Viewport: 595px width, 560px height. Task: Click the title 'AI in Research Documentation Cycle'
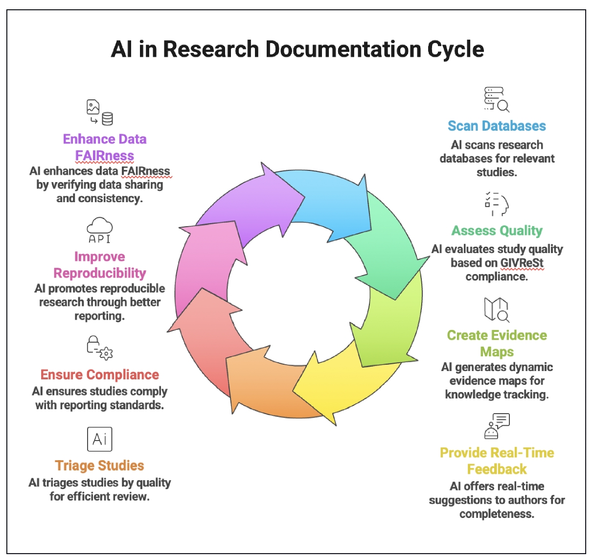[297, 49]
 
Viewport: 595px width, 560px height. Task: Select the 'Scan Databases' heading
[497, 126]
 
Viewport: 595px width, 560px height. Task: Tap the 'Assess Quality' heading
[497, 231]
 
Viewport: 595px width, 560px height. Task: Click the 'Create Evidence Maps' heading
[497, 343]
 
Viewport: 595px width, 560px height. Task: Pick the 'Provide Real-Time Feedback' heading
[497, 461]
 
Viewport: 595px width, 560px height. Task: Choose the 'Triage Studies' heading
[99, 466]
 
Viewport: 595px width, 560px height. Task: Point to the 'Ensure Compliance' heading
[99, 375]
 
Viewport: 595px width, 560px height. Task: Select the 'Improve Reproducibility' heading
[99, 265]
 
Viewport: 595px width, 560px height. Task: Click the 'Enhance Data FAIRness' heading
[104, 147]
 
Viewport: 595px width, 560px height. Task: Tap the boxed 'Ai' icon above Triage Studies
[99, 439]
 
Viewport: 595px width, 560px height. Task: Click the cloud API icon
[99, 231]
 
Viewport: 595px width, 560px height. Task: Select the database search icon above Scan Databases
[496, 100]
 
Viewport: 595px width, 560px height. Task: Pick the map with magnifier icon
[496, 309]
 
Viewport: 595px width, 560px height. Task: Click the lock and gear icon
[99, 348]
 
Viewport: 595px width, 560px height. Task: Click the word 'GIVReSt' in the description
[522, 263]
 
